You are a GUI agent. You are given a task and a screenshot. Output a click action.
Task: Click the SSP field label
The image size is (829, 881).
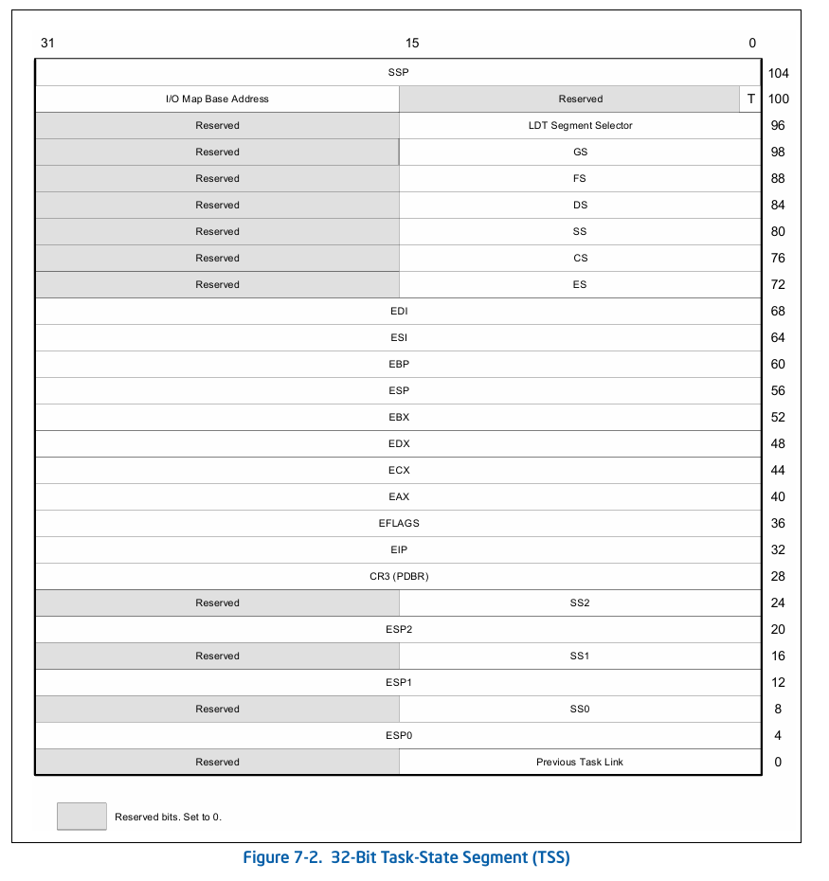[398, 72]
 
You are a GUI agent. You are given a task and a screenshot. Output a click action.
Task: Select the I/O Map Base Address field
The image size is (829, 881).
[217, 99]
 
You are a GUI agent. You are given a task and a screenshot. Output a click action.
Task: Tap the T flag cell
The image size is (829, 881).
[751, 99]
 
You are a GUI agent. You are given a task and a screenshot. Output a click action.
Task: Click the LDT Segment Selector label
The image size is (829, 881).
[580, 125]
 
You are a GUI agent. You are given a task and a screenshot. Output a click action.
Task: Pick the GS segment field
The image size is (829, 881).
[580, 152]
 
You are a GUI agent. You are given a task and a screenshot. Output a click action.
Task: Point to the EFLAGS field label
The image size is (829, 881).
[398, 523]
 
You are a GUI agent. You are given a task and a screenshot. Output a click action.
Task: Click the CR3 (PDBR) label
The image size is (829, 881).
[398, 576]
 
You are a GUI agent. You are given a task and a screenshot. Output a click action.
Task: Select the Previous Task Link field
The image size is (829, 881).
[580, 762]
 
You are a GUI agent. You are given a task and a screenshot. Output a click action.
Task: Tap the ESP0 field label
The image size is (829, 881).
[398, 735]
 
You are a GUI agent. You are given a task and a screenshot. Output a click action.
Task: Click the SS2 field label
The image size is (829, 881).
[580, 602]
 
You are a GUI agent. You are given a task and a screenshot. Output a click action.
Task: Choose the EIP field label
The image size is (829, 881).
[398, 549]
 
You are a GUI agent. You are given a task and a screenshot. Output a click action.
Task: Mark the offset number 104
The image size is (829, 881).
[779, 73]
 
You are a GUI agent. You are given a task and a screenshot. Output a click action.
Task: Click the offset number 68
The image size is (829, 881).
[779, 312]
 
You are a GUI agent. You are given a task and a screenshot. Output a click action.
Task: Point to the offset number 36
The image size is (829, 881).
[779, 524]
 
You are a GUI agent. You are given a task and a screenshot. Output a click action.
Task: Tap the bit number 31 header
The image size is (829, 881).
[47, 43]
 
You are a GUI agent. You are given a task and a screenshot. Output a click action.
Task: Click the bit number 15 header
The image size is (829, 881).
[411, 43]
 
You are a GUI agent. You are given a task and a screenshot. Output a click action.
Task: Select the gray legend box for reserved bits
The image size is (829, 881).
[81, 816]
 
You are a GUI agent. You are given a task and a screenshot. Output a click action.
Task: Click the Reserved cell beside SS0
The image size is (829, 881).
[217, 709]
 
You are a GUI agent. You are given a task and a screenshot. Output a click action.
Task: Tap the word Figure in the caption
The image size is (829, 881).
[269, 858]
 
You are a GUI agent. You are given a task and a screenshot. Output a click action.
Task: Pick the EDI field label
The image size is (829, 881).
[398, 311]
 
